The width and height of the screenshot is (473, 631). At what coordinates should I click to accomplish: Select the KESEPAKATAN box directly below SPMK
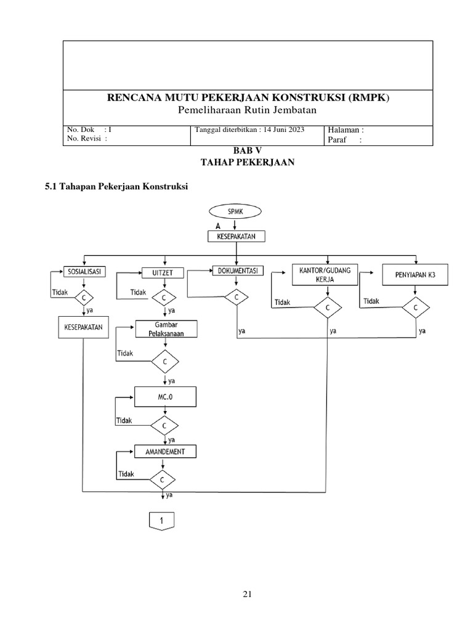[x=236, y=236]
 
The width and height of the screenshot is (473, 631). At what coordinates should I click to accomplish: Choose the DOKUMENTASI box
[x=237, y=271]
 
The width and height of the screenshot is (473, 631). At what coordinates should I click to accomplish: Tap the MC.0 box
[x=165, y=397]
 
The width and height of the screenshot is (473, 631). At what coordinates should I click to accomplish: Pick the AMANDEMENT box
[x=165, y=452]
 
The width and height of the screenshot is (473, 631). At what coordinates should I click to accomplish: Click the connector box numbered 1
[x=163, y=521]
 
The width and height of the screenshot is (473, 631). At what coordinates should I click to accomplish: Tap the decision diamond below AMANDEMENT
[x=163, y=479]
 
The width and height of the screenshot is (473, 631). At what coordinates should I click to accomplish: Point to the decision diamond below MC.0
[x=164, y=425]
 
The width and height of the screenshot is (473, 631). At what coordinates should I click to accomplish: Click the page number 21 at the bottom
[x=247, y=594]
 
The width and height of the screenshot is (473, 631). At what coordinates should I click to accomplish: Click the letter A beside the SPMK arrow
[x=217, y=226]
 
